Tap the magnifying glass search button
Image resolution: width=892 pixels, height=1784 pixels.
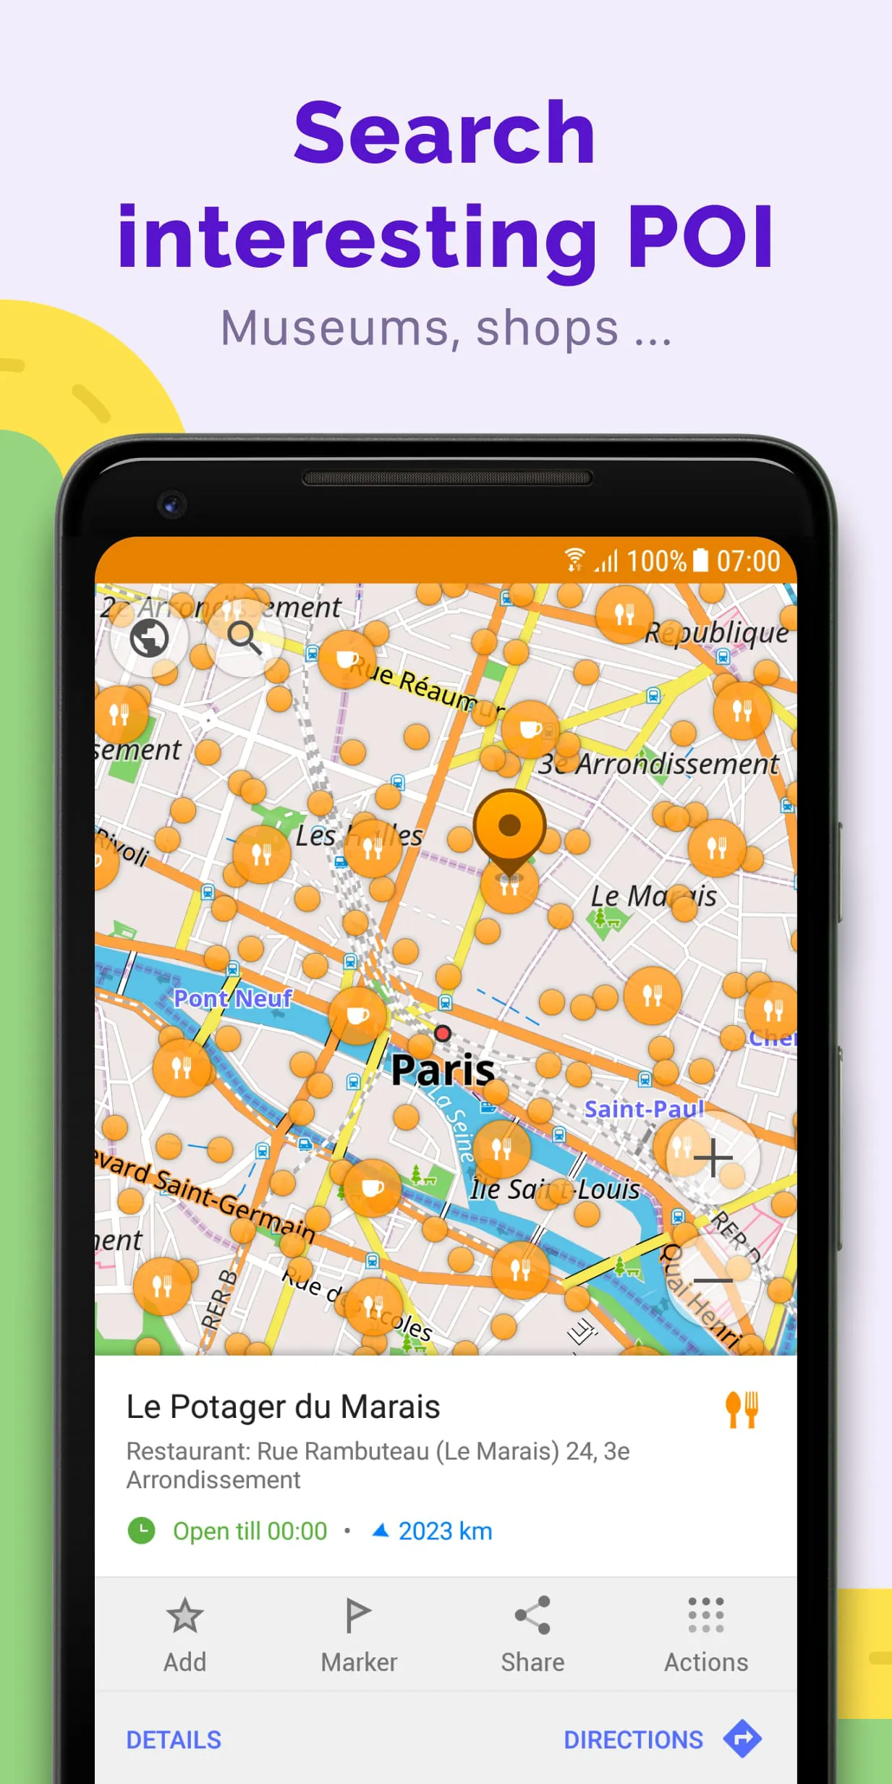point(244,638)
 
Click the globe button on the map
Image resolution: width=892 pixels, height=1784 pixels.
point(149,638)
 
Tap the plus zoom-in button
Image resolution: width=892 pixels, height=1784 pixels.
point(713,1158)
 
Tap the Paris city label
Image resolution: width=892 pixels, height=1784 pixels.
point(443,1069)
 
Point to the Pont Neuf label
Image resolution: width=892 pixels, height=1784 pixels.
point(233,998)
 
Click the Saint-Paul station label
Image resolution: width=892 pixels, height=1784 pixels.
point(644,1108)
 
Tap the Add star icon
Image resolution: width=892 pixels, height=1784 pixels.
point(184,1615)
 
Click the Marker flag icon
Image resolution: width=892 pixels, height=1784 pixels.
point(358,1615)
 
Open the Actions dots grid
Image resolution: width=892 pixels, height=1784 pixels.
point(706,1615)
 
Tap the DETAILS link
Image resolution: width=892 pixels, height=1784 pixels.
point(174,1740)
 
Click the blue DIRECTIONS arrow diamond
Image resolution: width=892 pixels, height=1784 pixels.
point(742,1738)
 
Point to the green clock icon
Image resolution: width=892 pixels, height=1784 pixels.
point(142,1531)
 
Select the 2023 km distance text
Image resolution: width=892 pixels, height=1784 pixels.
point(445,1531)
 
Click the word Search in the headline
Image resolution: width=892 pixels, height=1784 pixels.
point(444,133)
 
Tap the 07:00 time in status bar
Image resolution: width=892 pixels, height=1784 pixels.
point(748,561)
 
